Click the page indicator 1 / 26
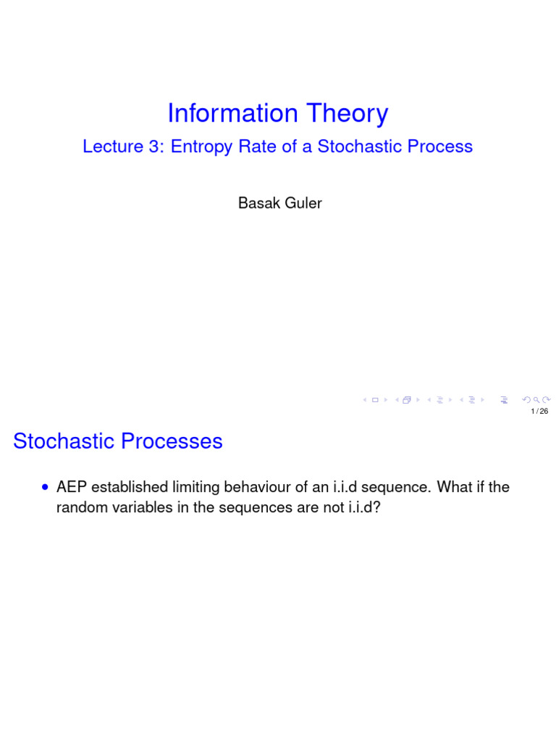click(539, 412)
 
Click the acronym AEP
click(70, 488)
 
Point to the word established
click(124, 488)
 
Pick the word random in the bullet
click(78, 508)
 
